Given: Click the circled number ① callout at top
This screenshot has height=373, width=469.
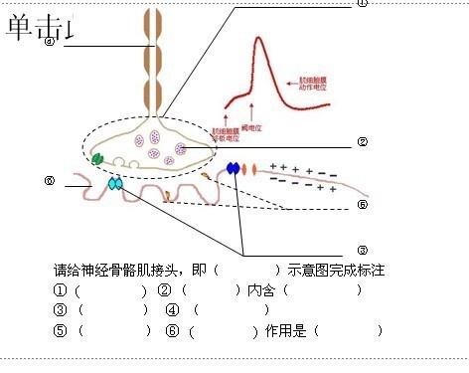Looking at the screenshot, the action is point(363,4).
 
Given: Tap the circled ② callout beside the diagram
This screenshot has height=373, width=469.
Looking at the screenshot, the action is point(363,142).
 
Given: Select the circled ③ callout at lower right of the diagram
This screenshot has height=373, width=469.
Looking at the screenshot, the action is point(362,249).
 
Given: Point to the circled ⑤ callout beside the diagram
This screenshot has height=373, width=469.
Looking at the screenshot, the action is point(363,205).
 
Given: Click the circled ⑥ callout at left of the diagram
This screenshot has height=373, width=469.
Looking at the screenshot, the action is point(49,181).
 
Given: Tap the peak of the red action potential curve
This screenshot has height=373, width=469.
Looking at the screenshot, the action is point(258,40).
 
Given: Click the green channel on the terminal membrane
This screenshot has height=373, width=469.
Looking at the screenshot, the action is point(97,157).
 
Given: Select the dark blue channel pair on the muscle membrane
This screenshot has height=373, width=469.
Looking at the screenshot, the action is point(234,168).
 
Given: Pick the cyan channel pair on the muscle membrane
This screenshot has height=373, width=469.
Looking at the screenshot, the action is point(117,184).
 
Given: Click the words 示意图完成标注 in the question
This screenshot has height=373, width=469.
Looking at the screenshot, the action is point(336,271).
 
